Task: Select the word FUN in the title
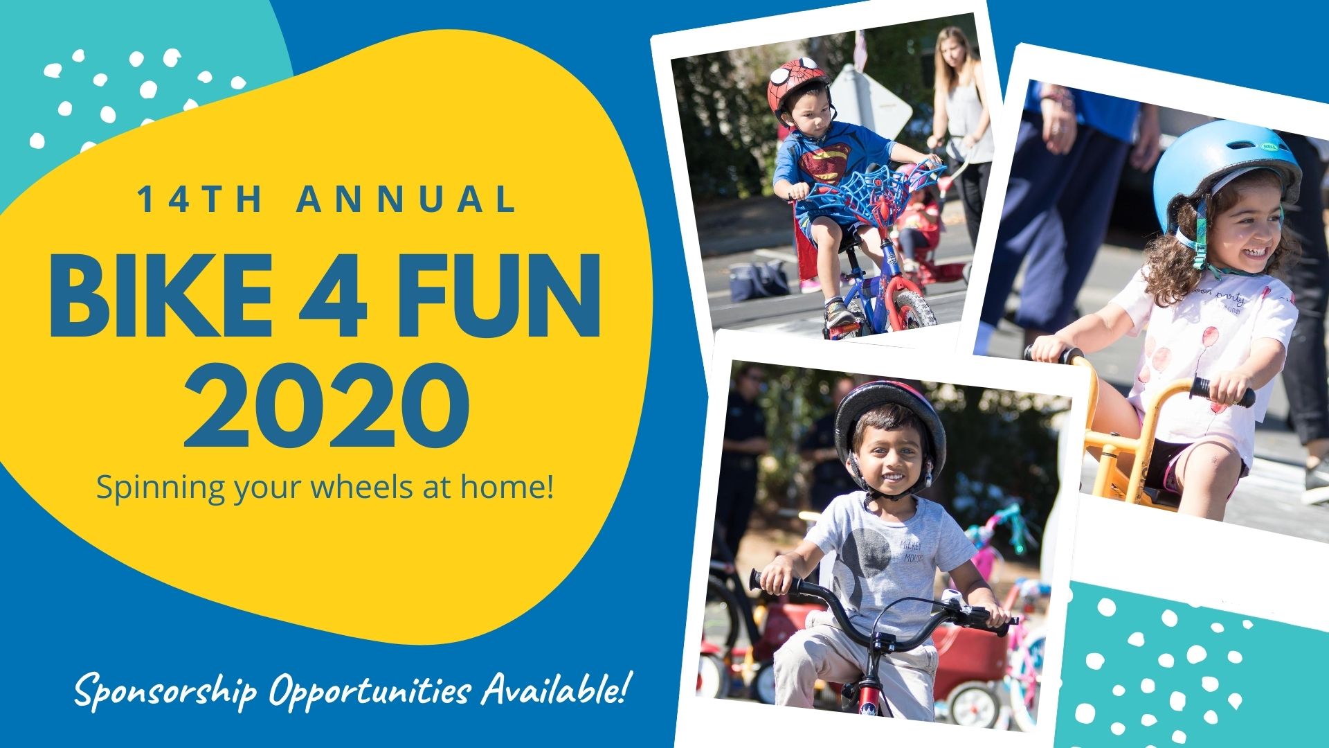(x=499, y=296)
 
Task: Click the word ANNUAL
(x=407, y=199)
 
